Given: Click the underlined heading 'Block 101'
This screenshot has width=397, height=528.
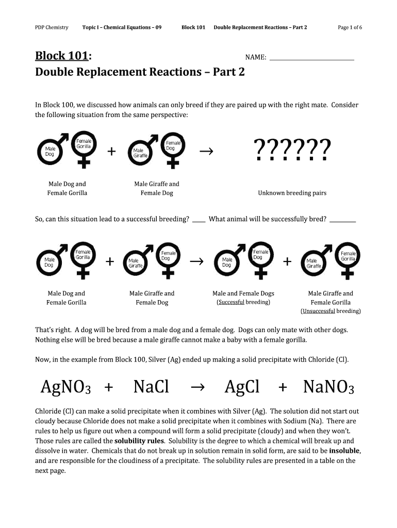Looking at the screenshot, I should pyautogui.click(x=60, y=56).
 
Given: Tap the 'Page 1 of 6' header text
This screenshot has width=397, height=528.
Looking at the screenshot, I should pyautogui.click(x=350, y=27).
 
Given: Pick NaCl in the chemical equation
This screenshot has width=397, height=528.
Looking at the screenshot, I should pyautogui.click(x=151, y=387).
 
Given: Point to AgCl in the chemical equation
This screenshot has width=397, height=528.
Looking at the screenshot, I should pyautogui.click(x=242, y=387).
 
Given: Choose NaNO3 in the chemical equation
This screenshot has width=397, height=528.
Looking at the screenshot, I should pyautogui.click(x=328, y=387).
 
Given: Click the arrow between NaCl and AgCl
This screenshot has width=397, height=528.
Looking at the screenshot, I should pyautogui.click(x=197, y=387).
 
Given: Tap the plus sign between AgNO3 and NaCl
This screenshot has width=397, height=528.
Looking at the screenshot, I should pyautogui.click(x=108, y=387).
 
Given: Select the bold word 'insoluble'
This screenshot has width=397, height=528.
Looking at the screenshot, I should pyautogui.click(x=344, y=451).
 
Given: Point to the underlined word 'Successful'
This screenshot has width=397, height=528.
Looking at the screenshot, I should pyautogui.click(x=231, y=302).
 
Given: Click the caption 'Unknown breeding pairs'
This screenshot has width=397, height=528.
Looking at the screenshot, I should pyautogui.click(x=292, y=193).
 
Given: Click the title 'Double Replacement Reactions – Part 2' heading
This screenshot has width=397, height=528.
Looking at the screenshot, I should pyautogui.click(x=140, y=72).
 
